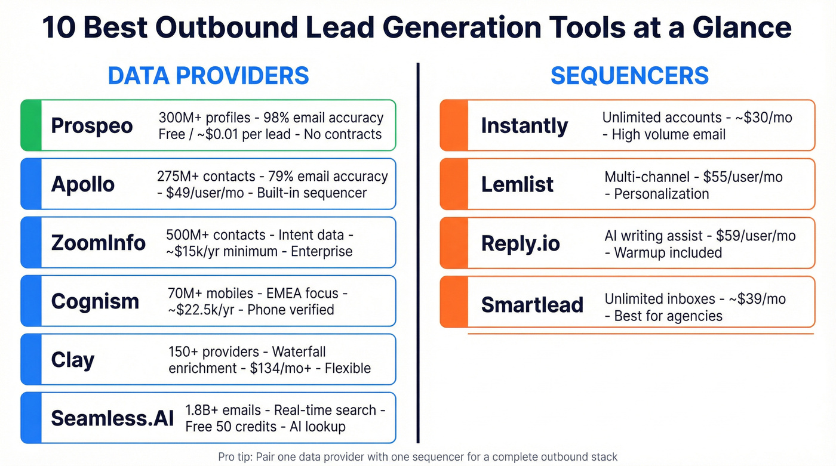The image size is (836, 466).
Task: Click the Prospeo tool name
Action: [x=91, y=126]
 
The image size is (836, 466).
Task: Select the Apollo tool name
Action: [x=82, y=184]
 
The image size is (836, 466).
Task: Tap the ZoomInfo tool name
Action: [x=99, y=243]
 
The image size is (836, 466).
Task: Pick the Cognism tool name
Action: [x=95, y=301]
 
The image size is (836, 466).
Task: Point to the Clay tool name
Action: [x=73, y=360]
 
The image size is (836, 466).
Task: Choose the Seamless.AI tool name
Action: [x=112, y=418]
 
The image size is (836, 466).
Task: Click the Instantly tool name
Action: [x=524, y=126]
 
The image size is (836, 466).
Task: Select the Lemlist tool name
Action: [x=518, y=184]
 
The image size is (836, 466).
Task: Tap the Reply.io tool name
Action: [x=521, y=243]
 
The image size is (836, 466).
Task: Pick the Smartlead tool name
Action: [x=532, y=304]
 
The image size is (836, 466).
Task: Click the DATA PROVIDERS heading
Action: [x=208, y=76]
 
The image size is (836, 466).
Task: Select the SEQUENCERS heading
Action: [x=629, y=76]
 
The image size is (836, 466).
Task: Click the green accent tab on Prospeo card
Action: [x=31, y=125]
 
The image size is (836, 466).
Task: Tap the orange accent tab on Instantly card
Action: [x=453, y=125]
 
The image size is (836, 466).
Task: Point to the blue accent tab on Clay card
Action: [x=31, y=359]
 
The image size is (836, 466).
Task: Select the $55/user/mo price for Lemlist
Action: [x=742, y=177]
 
